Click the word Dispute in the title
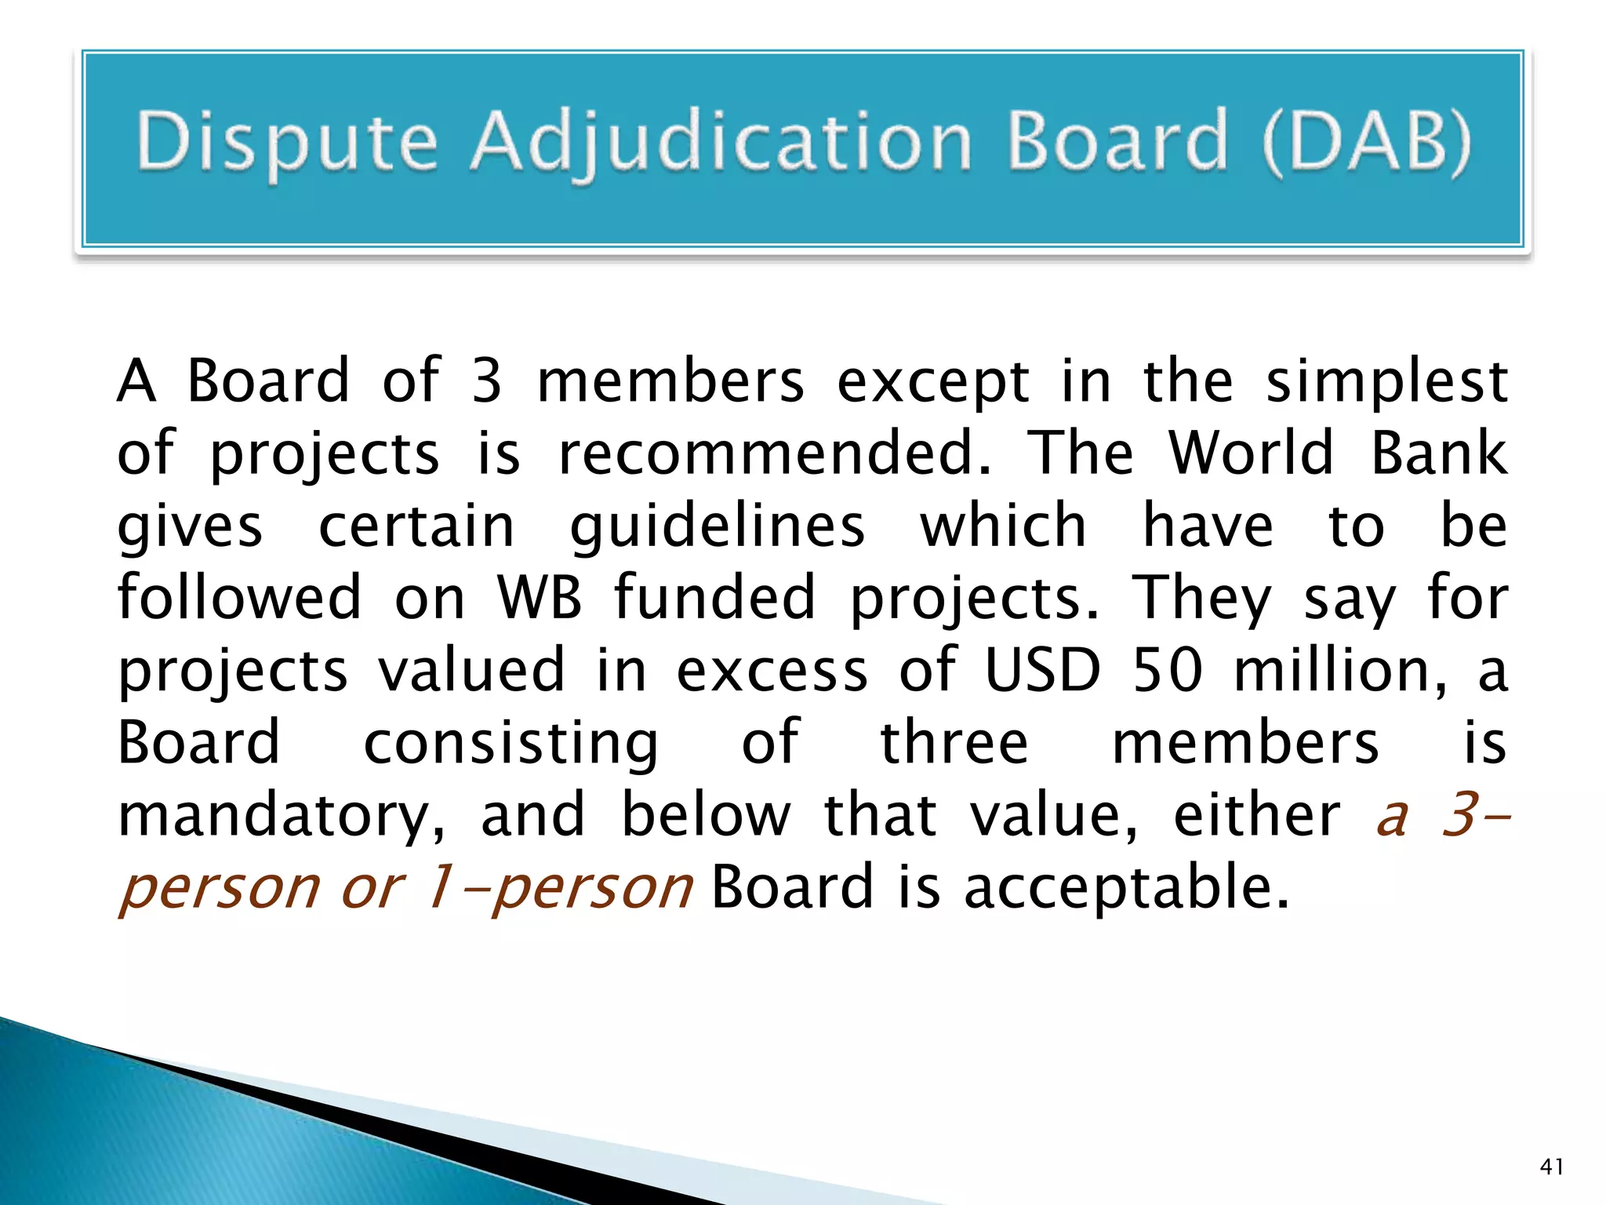click(286, 143)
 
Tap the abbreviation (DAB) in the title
click(1366, 141)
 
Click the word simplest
click(1386, 383)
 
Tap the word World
click(1251, 453)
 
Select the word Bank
click(1439, 453)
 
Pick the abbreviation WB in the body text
click(540, 598)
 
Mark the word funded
click(714, 598)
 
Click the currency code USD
click(1043, 671)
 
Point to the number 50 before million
click(1168, 671)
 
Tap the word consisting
click(511, 744)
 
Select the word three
click(954, 742)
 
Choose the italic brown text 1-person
click(558, 888)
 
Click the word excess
click(772, 672)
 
